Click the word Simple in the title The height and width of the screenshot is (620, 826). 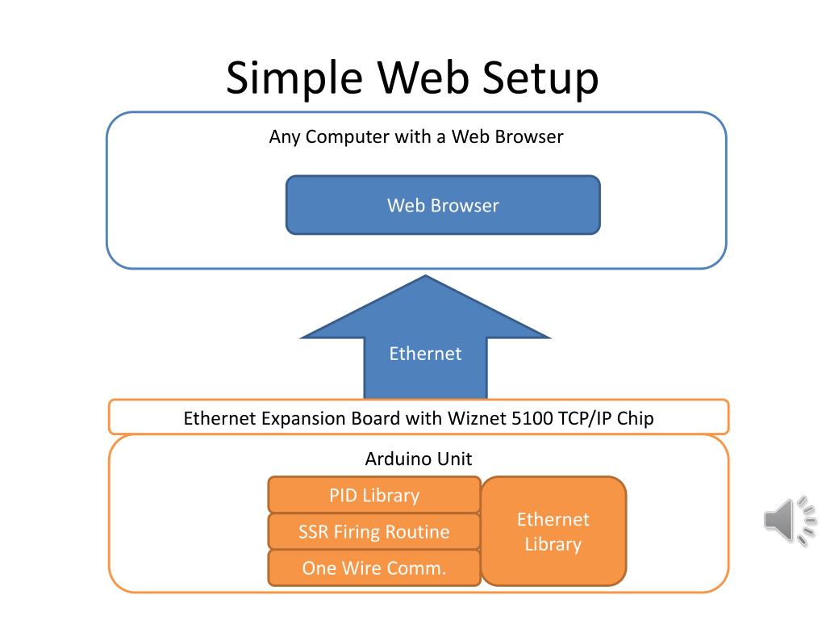click(294, 77)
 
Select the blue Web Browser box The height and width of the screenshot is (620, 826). click(443, 205)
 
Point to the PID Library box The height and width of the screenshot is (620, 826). click(374, 495)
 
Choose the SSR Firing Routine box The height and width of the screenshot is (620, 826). click(374, 531)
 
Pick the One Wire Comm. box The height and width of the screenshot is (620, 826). click(374, 568)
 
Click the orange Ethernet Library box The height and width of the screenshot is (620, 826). click(553, 531)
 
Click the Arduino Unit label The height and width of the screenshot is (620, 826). click(419, 459)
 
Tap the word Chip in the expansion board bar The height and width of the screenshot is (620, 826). click(636, 418)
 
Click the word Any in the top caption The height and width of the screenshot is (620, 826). click(285, 137)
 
